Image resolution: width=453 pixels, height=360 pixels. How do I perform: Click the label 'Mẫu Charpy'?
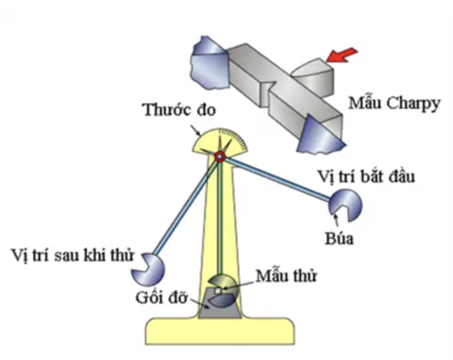(393, 104)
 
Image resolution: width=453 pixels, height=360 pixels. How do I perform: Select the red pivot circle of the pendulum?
(219, 156)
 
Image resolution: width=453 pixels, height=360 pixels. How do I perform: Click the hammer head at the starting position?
(345, 204)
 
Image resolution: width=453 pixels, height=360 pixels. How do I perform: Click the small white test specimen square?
(217, 290)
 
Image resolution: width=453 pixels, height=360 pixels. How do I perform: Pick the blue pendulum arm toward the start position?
(274, 180)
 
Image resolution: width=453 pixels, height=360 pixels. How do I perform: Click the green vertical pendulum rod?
(220, 221)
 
